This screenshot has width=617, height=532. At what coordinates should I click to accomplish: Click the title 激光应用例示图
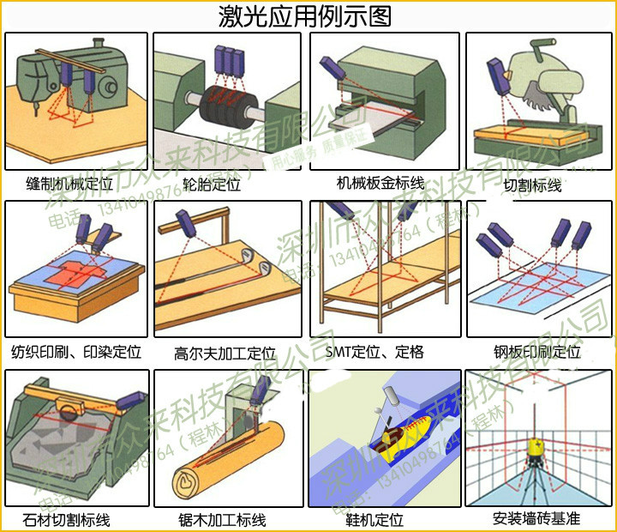click(306, 15)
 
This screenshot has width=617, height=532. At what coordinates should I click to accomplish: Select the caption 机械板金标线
click(380, 183)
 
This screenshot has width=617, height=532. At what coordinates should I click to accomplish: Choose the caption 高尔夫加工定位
click(225, 353)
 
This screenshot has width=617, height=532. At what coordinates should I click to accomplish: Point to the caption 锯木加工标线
click(222, 520)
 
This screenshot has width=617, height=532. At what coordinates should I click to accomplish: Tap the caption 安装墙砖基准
click(536, 519)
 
